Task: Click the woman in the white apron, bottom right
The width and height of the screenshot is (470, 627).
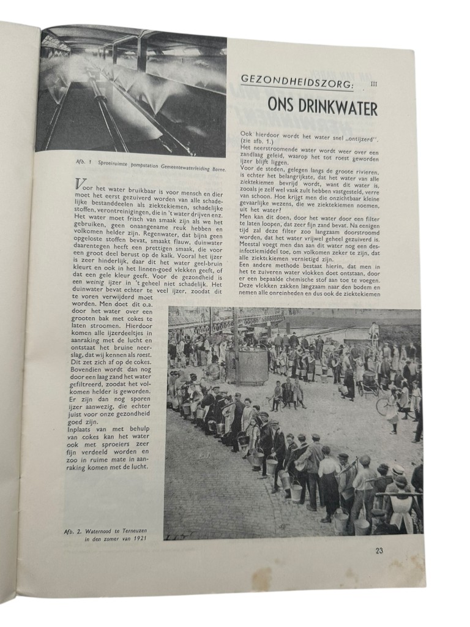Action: tap(401, 508)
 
